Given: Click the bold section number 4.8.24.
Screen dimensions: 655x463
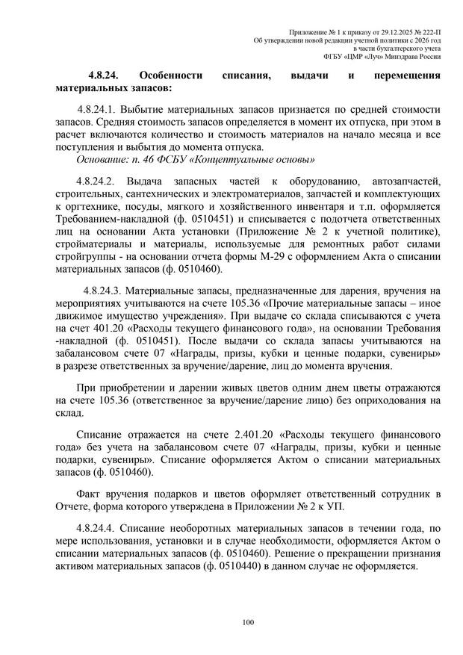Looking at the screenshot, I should (x=105, y=75).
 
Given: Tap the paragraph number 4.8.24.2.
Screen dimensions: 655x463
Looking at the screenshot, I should (x=92, y=183).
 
